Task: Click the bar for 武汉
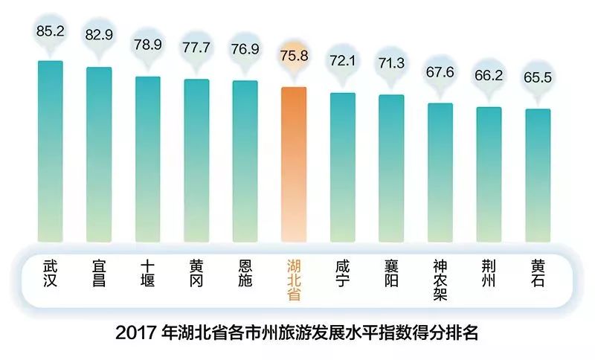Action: click(x=51, y=149)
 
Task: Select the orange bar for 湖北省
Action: click(x=294, y=164)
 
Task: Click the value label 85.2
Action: click(x=51, y=31)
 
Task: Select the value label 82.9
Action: click(x=99, y=36)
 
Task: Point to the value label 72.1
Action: click(x=342, y=62)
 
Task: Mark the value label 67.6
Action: click(x=440, y=72)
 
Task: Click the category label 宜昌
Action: click(x=99, y=273)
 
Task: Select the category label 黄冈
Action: click(x=196, y=273)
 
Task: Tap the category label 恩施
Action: click(x=245, y=273)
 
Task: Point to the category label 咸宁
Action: click(x=342, y=273)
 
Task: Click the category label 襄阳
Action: click(x=391, y=273)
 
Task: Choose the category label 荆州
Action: click(x=489, y=273)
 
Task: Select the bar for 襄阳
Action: click(x=391, y=167)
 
